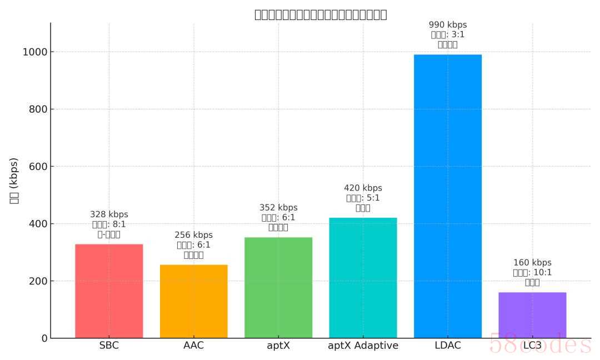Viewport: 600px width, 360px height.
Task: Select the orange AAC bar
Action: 193,301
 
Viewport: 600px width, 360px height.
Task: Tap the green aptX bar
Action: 278,287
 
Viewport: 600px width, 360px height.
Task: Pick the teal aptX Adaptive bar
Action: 363,278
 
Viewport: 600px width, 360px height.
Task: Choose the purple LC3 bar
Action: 532,315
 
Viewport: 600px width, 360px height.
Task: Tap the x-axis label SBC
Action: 109,346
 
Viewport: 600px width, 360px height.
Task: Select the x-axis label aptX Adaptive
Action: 363,346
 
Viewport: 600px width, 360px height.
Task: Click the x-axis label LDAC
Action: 448,346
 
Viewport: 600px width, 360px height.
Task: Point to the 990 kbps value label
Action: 448,25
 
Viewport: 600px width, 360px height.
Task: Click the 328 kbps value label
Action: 109,214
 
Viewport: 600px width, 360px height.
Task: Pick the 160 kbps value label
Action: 532,263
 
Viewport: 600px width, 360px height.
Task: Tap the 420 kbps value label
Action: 363,188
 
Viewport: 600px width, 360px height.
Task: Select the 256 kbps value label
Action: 193,235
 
